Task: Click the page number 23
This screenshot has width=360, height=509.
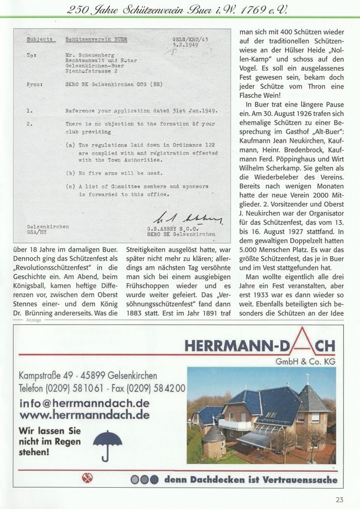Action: (x=340, y=499)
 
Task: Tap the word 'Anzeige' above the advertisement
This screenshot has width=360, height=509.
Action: (x=34, y=320)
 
